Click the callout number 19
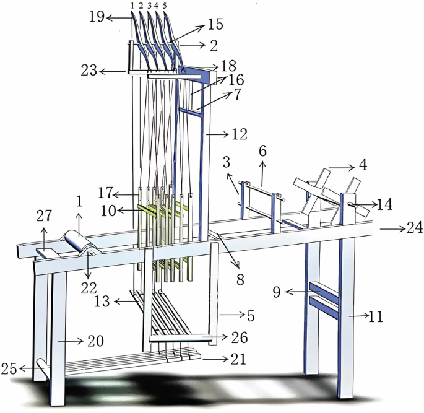click(x=96, y=18)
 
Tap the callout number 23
click(x=90, y=71)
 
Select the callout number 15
click(x=215, y=25)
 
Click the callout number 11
click(x=376, y=318)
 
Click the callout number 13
click(x=102, y=302)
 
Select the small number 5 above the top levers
click(x=165, y=5)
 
